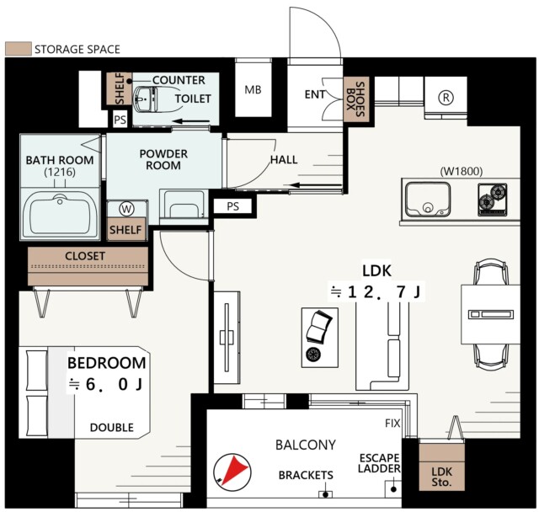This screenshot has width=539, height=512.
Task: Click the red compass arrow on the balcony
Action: [x=235, y=469]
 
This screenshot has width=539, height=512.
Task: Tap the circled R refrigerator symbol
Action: [x=446, y=98]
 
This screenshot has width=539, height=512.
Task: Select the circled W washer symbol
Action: [x=126, y=209]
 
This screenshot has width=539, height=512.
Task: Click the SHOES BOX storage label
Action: [x=355, y=99]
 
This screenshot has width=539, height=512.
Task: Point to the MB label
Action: [x=253, y=90]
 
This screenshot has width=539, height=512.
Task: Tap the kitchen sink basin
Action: [x=428, y=200]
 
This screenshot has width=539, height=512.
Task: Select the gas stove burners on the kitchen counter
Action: [x=493, y=200]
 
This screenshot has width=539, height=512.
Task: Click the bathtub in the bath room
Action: [x=61, y=214]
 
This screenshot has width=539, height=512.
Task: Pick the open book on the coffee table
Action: [x=319, y=327]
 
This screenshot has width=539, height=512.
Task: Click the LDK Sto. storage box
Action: [x=441, y=467]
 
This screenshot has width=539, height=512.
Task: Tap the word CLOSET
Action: [x=85, y=256]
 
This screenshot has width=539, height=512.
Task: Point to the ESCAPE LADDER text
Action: [x=380, y=463]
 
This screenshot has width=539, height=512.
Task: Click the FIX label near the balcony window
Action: [x=393, y=424]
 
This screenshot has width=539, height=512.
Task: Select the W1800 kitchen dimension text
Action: [x=462, y=171]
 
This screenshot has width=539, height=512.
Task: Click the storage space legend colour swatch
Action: [x=19, y=49]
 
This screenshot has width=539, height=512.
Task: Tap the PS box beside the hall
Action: [x=233, y=206]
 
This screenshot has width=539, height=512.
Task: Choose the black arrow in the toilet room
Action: [x=191, y=121]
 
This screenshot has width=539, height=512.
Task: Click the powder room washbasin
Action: [x=184, y=205]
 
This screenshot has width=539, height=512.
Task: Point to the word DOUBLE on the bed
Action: [x=112, y=428]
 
